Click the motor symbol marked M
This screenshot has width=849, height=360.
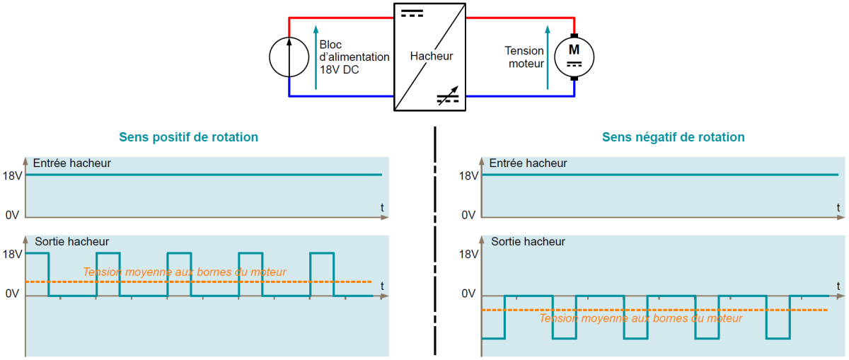coord(574,56)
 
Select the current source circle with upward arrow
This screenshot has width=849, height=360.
coord(289,56)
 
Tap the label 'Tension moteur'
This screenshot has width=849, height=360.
coord(524,57)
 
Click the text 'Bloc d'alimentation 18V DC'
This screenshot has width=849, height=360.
coord(354,57)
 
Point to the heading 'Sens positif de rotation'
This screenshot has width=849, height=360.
coord(188,137)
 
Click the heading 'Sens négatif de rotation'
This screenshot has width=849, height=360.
coord(673,137)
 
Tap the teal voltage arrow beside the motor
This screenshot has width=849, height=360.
coord(548,57)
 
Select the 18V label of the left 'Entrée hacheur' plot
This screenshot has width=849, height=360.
coord(13,175)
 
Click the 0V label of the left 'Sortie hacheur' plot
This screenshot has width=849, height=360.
coord(12,294)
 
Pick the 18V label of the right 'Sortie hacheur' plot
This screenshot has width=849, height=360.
coord(468,254)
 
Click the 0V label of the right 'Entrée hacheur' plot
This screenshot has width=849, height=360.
coord(469,215)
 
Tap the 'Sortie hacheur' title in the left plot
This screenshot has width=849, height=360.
coord(71,242)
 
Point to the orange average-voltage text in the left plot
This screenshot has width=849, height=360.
coord(185,272)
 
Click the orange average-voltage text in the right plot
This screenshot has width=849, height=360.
coord(640,318)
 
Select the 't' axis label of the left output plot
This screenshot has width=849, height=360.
coord(382,286)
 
